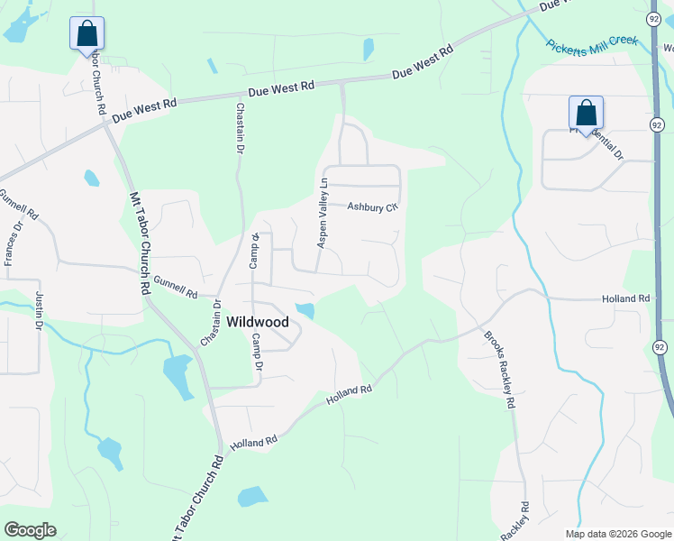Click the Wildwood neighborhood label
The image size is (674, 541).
(257, 322)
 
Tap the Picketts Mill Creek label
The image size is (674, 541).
(592, 42)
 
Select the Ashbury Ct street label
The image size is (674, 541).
(372, 206)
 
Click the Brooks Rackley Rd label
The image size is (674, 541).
(498, 370)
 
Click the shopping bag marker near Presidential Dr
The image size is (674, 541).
(586, 114)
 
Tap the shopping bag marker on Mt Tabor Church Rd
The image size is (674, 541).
(87, 34)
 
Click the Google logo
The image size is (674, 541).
(30, 529)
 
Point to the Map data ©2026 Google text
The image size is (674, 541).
(617, 534)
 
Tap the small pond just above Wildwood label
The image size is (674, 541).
(305, 311)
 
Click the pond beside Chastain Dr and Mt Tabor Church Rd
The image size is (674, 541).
(178, 376)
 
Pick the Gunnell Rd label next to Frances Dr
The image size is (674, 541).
(20, 206)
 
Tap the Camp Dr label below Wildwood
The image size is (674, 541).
(257, 353)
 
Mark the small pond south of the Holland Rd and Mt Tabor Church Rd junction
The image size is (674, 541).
(252, 496)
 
